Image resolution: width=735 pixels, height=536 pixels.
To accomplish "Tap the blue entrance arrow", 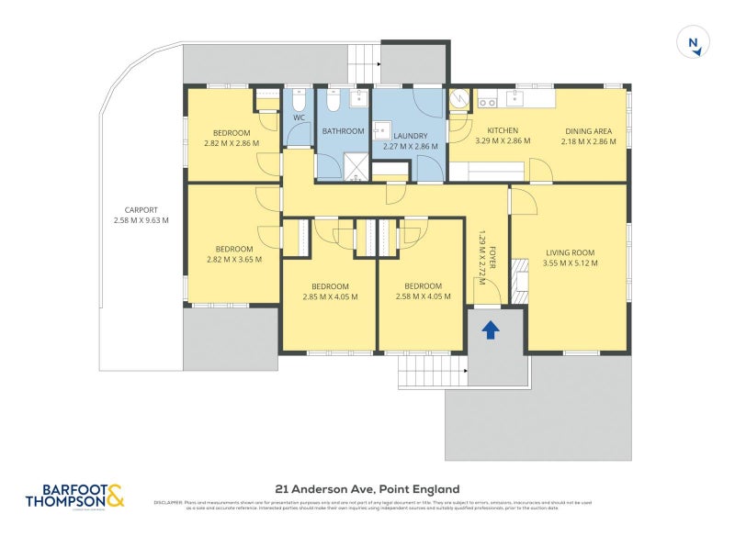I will pos(491,329).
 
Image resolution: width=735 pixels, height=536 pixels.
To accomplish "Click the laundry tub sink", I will pos(383,129).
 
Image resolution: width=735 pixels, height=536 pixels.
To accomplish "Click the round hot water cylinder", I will pos(459,99).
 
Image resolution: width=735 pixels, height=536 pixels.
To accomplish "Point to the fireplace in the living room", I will pos(520,281).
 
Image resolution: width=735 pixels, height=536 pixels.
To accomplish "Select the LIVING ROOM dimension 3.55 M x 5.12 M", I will pos(570,263).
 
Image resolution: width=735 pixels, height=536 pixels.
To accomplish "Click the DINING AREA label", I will pos(588,131).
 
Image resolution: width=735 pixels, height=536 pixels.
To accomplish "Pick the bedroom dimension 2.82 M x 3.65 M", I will pos(233,260).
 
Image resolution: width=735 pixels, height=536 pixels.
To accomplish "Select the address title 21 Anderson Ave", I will pos(367,489).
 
